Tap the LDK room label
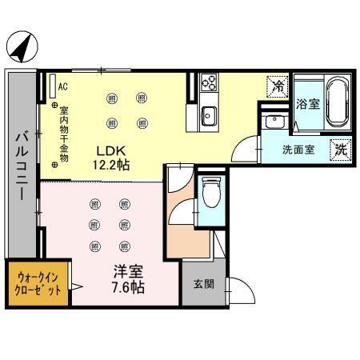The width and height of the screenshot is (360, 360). (110, 150)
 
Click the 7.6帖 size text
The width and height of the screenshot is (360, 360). (126, 287)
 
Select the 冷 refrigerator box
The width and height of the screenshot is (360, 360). (278, 85)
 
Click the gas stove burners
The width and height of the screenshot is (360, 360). (209, 82)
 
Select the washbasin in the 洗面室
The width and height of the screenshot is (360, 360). (274, 122)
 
